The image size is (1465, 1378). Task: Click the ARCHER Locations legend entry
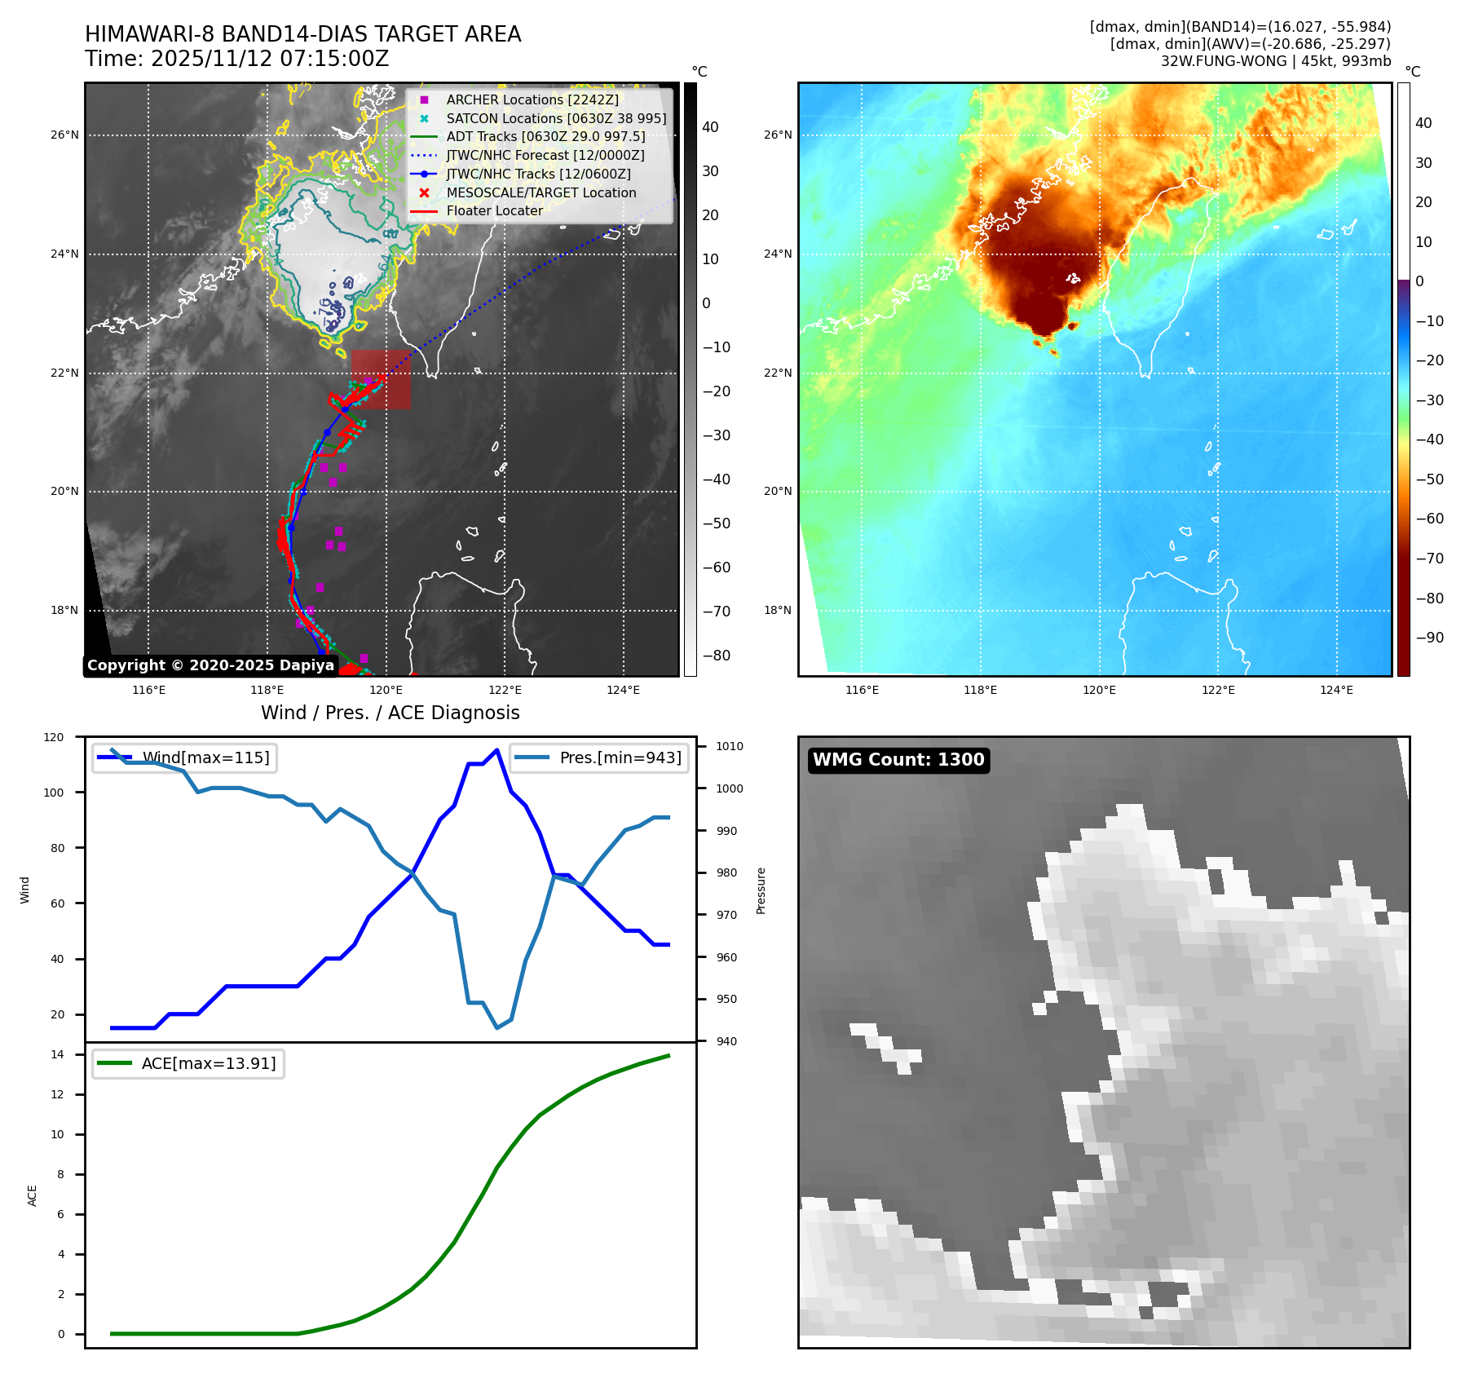tap(532, 99)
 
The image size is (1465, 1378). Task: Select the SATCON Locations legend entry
tap(555, 118)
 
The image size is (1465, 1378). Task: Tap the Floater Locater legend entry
tap(494, 210)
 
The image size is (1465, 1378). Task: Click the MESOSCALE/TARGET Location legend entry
tap(541, 192)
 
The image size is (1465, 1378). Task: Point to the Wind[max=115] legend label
tap(205, 757)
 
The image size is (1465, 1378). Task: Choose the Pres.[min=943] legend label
tap(620, 757)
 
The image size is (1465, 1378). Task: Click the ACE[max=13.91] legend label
tap(209, 1063)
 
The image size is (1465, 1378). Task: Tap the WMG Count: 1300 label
tap(898, 760)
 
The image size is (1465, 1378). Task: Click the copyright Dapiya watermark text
tap(210, 665)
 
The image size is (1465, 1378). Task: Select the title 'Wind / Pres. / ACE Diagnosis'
tap(390, 713)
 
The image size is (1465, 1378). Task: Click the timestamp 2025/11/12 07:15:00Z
tap(269, 59)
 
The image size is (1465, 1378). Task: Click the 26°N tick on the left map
tap(64, 135)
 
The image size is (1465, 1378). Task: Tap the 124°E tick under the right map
tap(1336, 691)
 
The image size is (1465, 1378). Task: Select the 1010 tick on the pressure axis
tap(730, 746)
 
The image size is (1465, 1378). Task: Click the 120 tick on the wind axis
tap(54, 737)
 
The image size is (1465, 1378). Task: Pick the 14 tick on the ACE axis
tap(57, 1054)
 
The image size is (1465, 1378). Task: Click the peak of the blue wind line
tap(497, 749)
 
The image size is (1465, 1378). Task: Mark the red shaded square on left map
tap(381, 379)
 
